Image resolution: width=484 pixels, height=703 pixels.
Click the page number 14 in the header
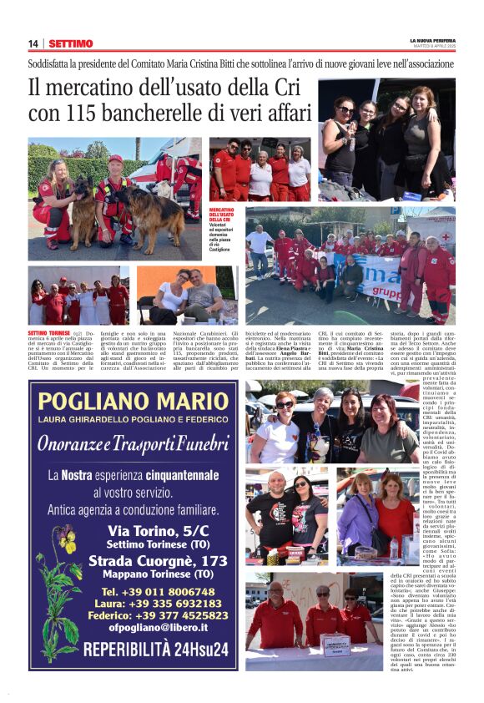coord(33,43)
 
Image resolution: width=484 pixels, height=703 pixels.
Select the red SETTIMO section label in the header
coord(70,43)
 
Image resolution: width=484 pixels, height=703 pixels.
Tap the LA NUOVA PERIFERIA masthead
coord(431,40)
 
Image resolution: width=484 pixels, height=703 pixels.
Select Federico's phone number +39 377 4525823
coord(158,615)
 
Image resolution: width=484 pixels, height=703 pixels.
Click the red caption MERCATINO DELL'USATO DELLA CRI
coord(223,215)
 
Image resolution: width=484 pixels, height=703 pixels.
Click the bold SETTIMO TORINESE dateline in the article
coord(48,332)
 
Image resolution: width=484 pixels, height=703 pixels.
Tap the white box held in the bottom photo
coord(335,645)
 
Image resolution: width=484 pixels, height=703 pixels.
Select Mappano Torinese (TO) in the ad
coord(158,574)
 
